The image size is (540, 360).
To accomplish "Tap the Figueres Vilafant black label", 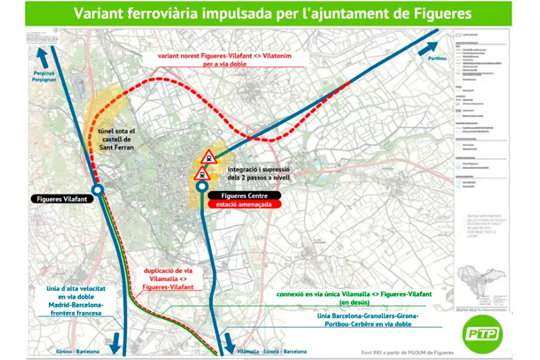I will (x=61, y=199).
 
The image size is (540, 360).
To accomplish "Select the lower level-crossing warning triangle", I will (x=201, y=174).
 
